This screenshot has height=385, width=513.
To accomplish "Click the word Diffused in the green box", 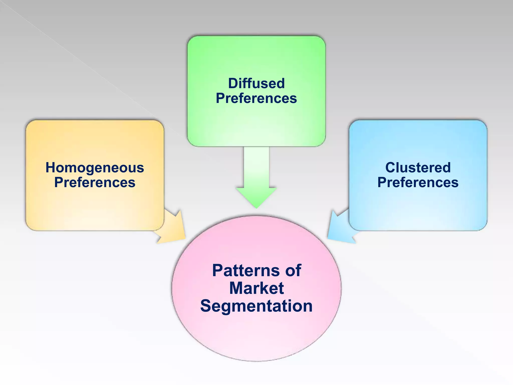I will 256,83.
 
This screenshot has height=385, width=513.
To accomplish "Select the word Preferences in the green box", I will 256,98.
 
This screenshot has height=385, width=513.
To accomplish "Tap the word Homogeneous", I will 95,168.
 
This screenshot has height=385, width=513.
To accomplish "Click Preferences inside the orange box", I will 95,182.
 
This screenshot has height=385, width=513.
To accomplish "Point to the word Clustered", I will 418,167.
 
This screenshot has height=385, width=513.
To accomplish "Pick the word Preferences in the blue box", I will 418,182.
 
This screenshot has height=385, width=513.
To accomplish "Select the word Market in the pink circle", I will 256,288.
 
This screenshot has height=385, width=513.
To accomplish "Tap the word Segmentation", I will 256,306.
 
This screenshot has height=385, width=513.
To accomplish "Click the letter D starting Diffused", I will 233,83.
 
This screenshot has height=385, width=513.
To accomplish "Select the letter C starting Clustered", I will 391,167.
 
